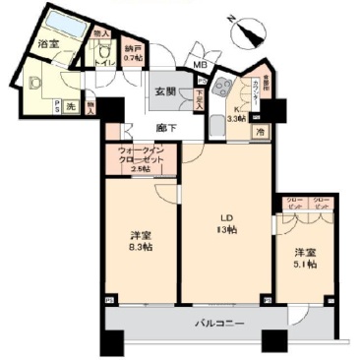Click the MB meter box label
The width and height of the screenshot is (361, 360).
(x=201, y=66)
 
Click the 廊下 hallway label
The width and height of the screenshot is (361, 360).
(x=165, y=127)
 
